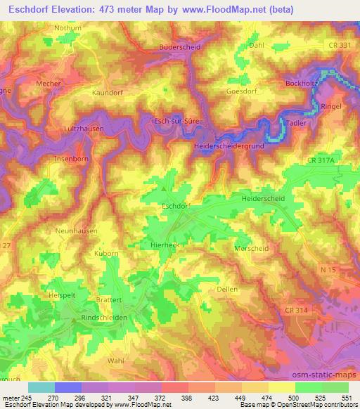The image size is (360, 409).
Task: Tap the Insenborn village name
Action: coord(70,159)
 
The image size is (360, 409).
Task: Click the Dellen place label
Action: coord(227,289)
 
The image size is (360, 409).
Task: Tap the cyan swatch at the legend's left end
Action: coord(41,387)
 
